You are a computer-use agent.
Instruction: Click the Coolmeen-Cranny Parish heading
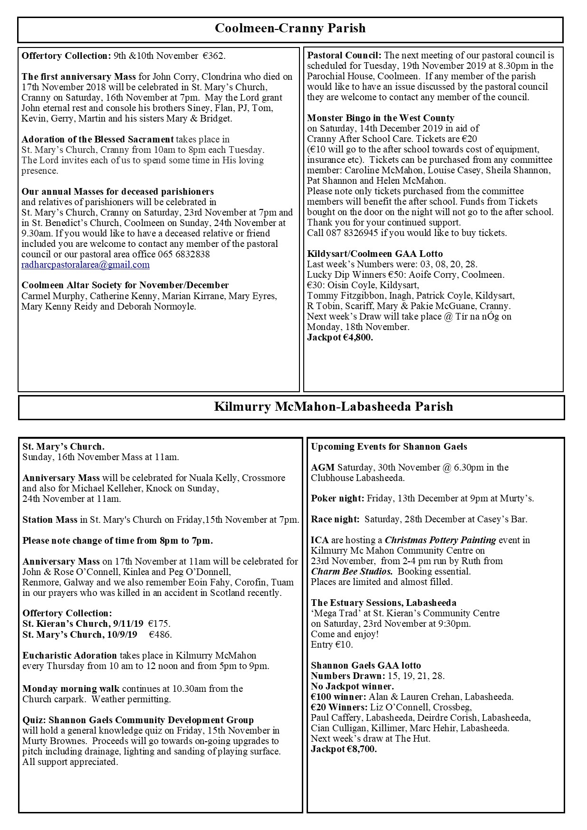pyautogui.click(x=290, y=28)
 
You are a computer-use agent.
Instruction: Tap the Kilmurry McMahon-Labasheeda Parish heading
pyautogui.click(x=333, y=407)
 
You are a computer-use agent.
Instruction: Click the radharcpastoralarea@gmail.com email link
pyautogui.click(x=86, y=265)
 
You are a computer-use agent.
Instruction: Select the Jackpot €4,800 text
pyautogui.click(x=340, y=338)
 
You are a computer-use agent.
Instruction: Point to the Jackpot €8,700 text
pyautogui.click(x=344, y=749)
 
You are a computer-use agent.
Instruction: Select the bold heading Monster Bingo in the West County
pyautogui.click(x=380, y=118)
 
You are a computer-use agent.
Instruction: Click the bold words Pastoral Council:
pyautogui.click(x=344, y=56)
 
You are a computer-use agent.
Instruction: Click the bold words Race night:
pyautogui.click(x=335, y=519)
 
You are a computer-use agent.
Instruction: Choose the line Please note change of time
pyautogui.click(x=117, y=540)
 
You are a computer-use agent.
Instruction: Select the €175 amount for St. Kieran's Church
pyautogui.click(x=159, y=624)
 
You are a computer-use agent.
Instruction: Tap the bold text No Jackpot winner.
pyautogui.click(x=352, y=687)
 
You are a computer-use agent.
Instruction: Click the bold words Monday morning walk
pyautogui.click(x=71, y=689)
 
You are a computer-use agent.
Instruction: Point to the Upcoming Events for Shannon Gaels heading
pyautogui.click(x=389, y=447)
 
